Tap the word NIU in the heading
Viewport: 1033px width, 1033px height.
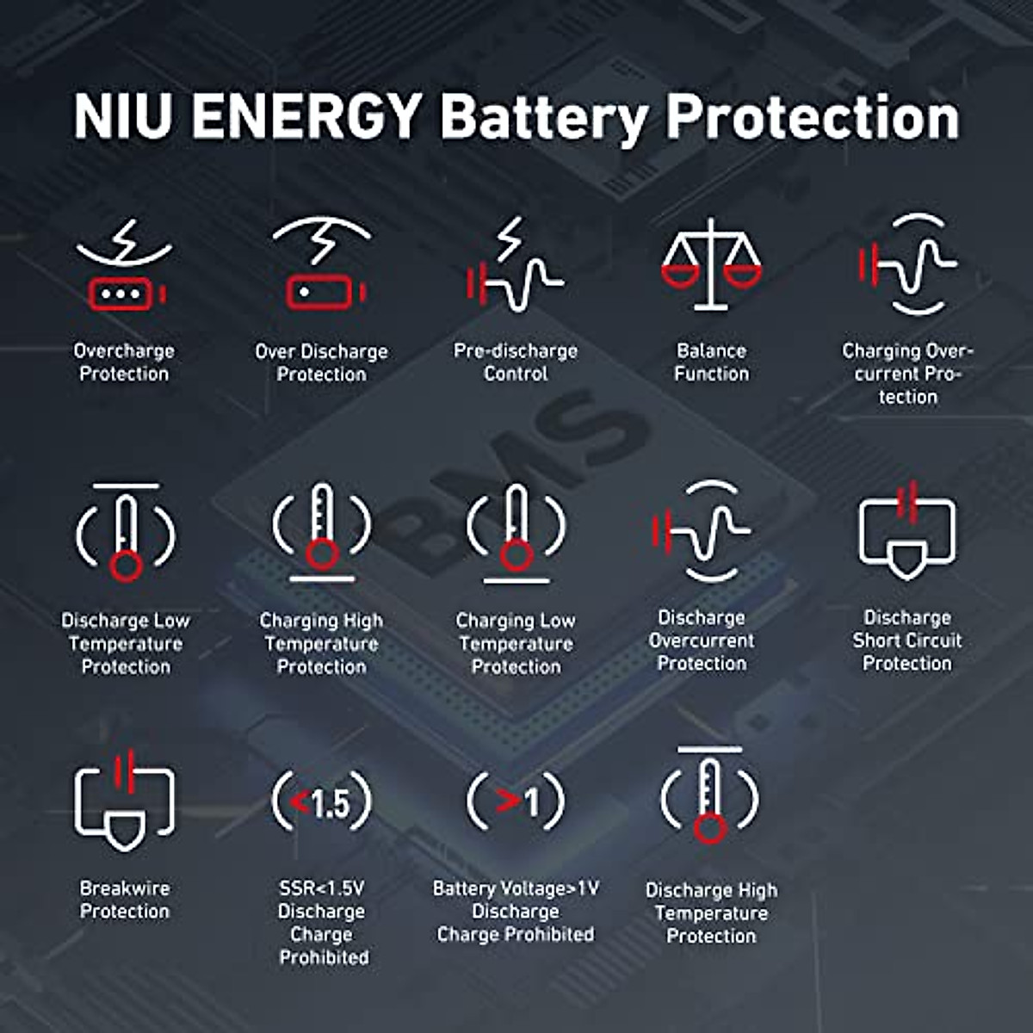point(122,116)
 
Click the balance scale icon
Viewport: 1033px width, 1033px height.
point(711,264)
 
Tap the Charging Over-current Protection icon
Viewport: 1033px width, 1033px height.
point(907,264)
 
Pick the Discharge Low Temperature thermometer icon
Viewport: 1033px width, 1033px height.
point(126,532)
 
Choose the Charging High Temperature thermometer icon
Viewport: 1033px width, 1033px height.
point(322,530)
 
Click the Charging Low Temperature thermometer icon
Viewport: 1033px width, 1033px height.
point(516,530)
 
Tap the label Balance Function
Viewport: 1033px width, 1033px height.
point(711,362)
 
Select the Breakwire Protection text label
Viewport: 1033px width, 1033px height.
point(125,900)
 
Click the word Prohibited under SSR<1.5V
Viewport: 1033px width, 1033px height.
point(324,957)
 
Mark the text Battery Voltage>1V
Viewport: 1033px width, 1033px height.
point(516,888)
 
